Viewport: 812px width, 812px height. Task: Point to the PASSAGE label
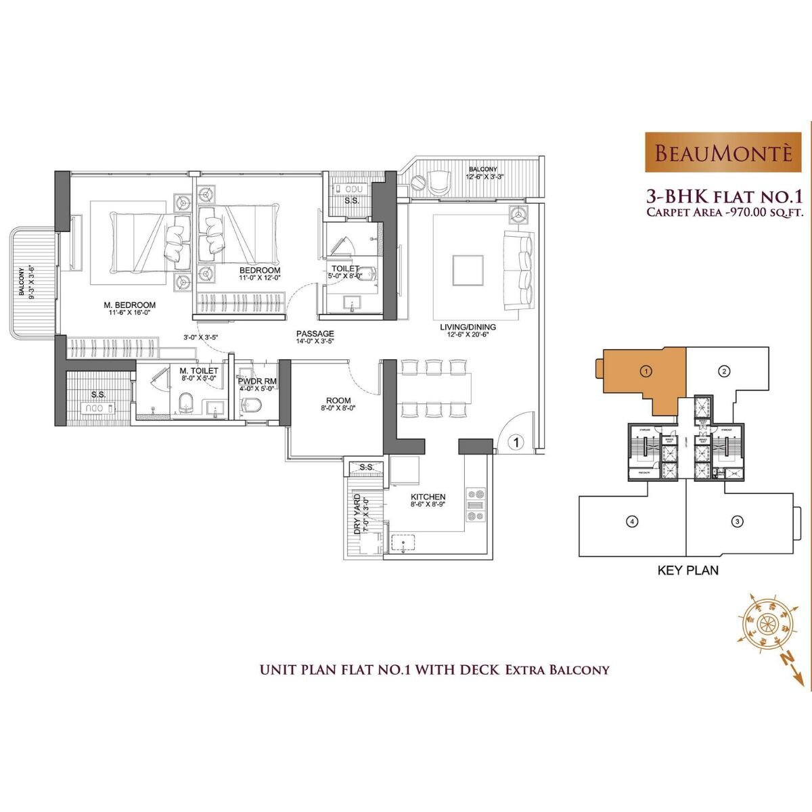click(x=315, y=334)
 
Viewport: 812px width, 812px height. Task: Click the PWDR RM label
click(x=256, y=382)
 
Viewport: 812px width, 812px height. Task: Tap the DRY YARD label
click(x=357, y=514)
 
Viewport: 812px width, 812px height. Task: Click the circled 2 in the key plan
click(x=723, y=371)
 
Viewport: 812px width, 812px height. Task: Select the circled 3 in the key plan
click(x=738, y=521)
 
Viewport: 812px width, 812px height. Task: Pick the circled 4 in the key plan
click(x=631, y=521)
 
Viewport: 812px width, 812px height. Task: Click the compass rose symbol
click(x=767, y=621)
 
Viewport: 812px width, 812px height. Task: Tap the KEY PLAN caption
click(x=688, y=570)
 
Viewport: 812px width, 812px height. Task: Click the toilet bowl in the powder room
click(x=252, y=405)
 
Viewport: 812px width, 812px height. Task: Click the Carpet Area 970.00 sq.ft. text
click(x=723, y=212)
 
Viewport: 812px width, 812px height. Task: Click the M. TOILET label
click(x=199, y=371)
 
